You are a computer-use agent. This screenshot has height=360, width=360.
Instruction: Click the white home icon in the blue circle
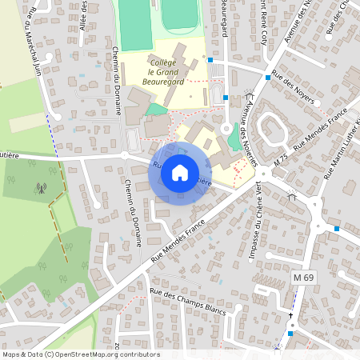pyautogui.click(x=180, y=173)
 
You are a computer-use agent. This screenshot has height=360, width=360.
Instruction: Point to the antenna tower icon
pyautogui.click(x=40, y=190)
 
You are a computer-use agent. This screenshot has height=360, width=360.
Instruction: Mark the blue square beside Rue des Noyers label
pyautogui.click(x=268, y=78)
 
